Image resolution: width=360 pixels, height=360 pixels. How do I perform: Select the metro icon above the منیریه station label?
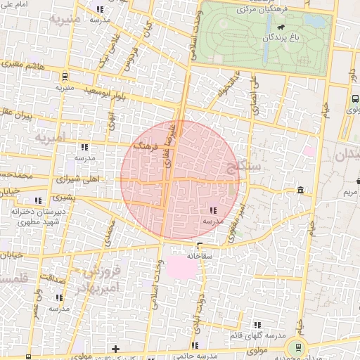tap(65, 77)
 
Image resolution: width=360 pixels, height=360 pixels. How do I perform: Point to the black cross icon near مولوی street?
tap(115, 349)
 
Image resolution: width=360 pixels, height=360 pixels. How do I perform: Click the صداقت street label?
tap(52, 278)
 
